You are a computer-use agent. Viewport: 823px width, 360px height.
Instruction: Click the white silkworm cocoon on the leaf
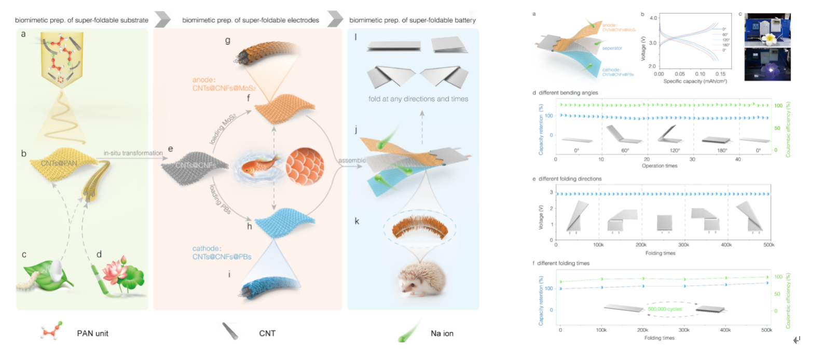click(x=57, y=268)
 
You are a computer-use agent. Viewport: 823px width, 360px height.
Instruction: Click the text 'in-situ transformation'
click(x=133, y=153)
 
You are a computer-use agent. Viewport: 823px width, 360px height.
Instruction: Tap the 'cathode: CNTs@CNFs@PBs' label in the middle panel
click(x=222, y=253)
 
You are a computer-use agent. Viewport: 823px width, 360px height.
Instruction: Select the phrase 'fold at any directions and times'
click(x=418, y=99)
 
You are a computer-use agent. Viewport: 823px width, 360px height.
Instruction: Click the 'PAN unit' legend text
click(x=92, y=334)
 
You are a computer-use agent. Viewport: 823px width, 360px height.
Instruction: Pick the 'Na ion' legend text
click(x=442, y=334)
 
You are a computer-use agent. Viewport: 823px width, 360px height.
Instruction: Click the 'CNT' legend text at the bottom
click(x=267, y=334)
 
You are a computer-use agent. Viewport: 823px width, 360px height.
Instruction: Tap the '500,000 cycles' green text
click(x=665, y=309)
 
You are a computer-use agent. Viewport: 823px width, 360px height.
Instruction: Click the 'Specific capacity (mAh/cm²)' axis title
click(x=695, y=81)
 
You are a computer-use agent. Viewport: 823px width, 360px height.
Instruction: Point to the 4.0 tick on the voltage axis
click(x=653, y=18)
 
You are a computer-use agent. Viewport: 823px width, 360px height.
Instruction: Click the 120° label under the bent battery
click(x=675, y=150)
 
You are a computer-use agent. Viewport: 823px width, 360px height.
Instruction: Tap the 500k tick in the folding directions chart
click(x=769, y=245)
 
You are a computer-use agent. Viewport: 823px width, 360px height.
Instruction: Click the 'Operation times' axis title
click(x=660, y=166)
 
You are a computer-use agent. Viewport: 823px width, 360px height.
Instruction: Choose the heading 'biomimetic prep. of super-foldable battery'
click(x=413, y=20)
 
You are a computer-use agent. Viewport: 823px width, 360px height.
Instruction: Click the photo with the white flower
click(x=767, y=30)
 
